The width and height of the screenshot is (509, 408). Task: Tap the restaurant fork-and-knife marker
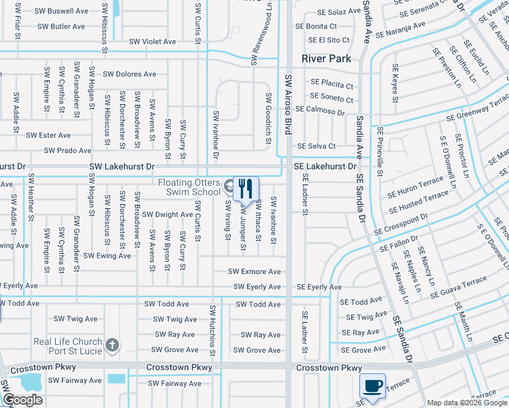[x=246, y=187]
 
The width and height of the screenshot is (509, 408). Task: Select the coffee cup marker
[x=372, y=386]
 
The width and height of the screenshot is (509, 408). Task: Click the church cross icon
[x=113, y=345]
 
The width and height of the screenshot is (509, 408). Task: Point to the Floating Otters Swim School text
[x=188, y=187]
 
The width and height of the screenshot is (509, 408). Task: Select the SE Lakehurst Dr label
[x=325, y=166]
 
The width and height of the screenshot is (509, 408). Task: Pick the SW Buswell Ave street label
[x=63, y=12]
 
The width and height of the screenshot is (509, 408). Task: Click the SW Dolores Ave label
[x=129, y=74]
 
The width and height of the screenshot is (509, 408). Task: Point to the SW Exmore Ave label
[x=255, y=271]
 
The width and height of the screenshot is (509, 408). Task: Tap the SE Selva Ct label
[x=316, y=146]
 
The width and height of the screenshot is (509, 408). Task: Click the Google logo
[x=22, y=399]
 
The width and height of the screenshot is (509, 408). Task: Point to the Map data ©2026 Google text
[x=466, y=403]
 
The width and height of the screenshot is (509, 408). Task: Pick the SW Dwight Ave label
[x=166, y=214]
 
